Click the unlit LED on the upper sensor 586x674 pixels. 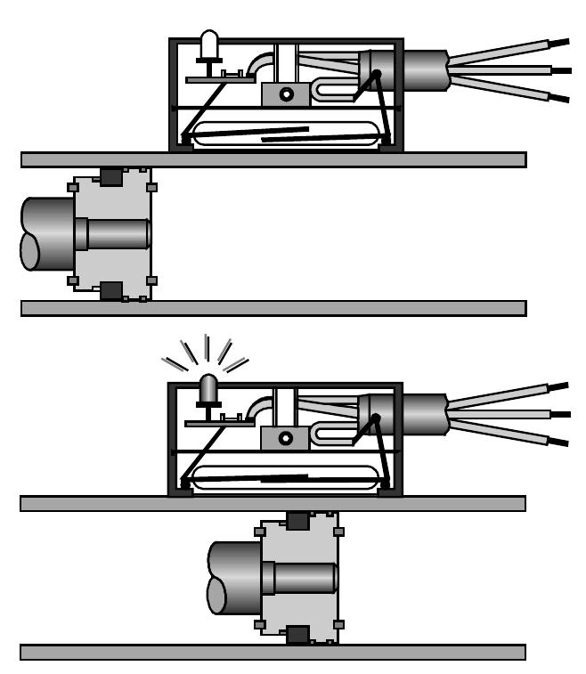coord(209,45)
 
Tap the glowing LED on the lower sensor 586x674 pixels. coord(208,388)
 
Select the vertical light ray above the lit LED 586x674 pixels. coord(208,347)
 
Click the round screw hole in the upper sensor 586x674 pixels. coord(286,94)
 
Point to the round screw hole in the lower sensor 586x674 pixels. coord(286,438)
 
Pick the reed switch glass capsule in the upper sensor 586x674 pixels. coord(285,134)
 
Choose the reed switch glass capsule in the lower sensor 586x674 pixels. coord(285,478)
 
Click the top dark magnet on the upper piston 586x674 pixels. coord(111,176)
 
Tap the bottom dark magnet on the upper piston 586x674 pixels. coord(111,291)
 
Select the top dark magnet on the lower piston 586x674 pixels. coord(297,521)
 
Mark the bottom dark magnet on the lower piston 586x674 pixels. coord(297,634)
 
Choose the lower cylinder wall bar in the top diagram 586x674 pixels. coord(273,308)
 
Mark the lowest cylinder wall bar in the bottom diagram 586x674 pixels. coord(273,652)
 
